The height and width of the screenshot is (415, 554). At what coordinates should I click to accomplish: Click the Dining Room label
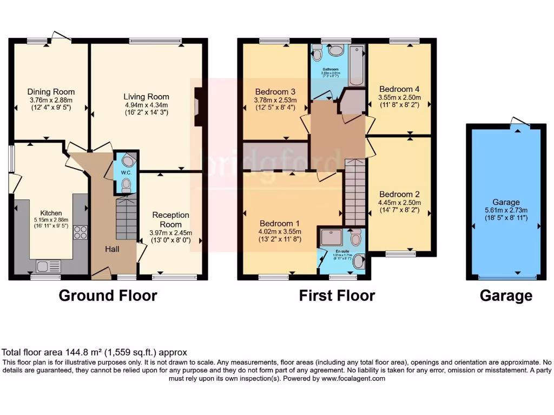[51, 92]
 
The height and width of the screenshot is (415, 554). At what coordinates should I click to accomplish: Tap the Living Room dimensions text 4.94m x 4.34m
[146, 105]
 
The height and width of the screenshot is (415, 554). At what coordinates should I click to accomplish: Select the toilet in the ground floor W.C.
[126, 185]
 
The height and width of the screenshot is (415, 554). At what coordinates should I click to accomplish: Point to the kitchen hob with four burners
[80, 232]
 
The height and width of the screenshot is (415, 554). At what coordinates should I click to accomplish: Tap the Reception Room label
[170, 219]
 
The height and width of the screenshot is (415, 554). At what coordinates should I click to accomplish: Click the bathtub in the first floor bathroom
[357, 66]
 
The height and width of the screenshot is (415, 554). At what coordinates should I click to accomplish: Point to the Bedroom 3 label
[275, 91]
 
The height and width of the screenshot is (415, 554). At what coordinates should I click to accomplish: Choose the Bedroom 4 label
[399, 89]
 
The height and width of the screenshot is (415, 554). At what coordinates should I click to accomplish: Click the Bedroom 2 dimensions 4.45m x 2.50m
[399, 203]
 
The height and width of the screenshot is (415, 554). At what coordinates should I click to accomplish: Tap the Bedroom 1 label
[280, 223]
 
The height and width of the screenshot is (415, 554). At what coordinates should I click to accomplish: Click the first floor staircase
[355, 192]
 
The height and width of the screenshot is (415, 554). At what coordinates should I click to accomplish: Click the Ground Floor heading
[108, 296]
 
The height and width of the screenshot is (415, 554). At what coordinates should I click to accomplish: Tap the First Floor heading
[337, 296]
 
